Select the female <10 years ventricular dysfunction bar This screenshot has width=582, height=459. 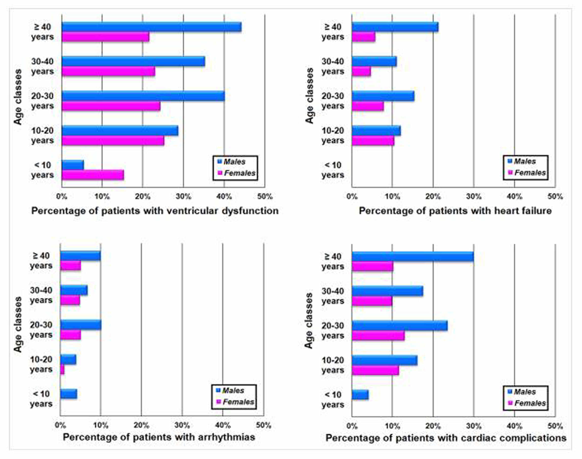click(x=93, y=175)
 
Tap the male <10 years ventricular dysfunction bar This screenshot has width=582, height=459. click(x=72, y=165)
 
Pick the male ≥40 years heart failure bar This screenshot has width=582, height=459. click(x=395, y=27)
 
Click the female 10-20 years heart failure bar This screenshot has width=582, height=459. click(x=373, y=141)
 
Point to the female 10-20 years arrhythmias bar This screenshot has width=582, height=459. click(x=62, y=370)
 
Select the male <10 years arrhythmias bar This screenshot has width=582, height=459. click(x=68, y=394)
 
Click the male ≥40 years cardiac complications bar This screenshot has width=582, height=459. click(x=412, y=257)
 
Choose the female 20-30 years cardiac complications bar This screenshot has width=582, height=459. click(x=378, y=336)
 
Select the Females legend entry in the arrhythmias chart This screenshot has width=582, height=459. click(x=238, y=402)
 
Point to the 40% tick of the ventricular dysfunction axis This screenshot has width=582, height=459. click(x=224, y=197)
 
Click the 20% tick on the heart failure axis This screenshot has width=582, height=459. click(x=433, y=197)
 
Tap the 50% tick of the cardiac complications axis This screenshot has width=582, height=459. click(x=555, y=426)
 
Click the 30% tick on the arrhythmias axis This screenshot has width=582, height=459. click(x=182, y=425)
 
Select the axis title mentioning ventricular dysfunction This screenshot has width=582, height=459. click(x=155, y=211)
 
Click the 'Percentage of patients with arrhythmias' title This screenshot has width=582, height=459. click(x=159, y=437)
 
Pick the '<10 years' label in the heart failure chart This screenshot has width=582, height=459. click(x=333, y=170)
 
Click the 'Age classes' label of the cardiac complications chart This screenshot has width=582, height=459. click(x=309, y=321)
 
